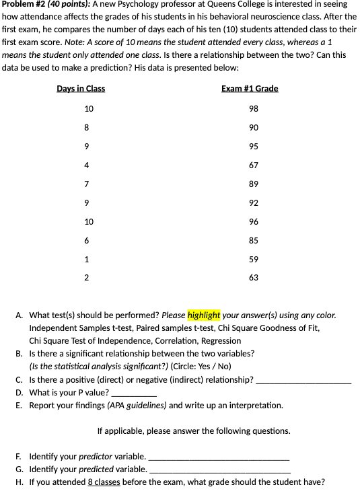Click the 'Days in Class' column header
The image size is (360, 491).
tap(81, 89)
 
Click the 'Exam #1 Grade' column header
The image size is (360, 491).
tap(249, 89)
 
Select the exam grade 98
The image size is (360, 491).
tap(254, 109)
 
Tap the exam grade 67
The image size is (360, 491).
tap(254, 165)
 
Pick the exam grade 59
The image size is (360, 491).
tap(254, 260)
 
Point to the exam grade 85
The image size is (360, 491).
tap(254, 241)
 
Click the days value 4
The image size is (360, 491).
tap(87, 165)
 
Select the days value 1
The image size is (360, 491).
tap(87, 260)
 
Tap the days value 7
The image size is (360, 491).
tap(87, 184)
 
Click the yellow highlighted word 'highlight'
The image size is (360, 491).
tap(204, 315)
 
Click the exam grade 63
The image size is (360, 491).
tap(254, 278)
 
